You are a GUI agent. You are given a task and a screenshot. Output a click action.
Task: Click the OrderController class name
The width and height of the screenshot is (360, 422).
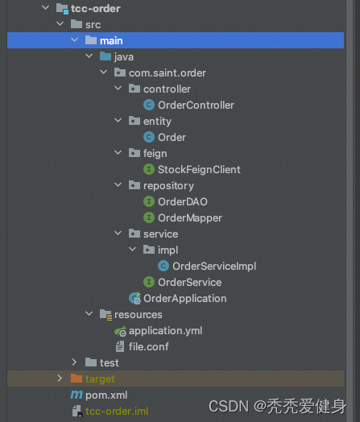click(196, 105)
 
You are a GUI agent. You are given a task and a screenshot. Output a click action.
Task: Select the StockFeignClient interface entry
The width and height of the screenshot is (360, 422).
click(199, 170)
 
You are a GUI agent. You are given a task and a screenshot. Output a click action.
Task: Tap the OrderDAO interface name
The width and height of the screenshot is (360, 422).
click(183, 202)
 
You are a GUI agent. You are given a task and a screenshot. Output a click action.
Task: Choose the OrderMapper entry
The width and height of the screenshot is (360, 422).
click(190, 218)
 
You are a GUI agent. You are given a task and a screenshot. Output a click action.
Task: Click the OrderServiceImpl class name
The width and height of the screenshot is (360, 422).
click(214, 267)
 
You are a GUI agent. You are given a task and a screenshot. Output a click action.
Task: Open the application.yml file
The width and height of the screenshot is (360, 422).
click(165, 331)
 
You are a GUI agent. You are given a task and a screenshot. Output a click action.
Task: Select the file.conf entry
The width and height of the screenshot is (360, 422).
click(149, 347)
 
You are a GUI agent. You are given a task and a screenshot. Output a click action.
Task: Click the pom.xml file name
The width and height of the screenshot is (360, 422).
click(106, 395)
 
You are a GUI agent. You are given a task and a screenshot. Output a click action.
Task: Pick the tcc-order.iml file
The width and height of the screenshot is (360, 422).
click(117, 412)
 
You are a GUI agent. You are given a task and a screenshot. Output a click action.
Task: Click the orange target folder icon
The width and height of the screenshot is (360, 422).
click(77, 379)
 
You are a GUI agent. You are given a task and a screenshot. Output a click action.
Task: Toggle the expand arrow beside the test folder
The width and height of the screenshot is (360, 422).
click(74, 362)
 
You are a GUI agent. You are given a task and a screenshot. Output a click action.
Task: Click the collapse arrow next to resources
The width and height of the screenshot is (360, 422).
click(89, 314)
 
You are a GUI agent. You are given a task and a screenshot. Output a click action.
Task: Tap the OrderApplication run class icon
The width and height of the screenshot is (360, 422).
click(134, 298)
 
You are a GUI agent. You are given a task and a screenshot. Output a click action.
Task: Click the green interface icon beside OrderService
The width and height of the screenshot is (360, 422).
click(149, 282)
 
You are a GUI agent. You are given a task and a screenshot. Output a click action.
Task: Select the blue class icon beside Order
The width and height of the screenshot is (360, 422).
click(149, 137)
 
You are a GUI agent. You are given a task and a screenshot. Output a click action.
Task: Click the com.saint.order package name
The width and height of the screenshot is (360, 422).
click(168, 73)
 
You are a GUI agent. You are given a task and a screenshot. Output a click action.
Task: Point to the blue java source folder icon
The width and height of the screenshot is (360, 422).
click(106, 56)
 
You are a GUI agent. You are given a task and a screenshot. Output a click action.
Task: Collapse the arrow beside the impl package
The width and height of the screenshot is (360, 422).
click(132, 249)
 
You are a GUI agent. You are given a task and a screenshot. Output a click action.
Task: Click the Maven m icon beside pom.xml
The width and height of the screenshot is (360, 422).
click(77, 395)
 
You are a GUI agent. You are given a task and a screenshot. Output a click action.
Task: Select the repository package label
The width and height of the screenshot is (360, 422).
click(168, 186)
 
